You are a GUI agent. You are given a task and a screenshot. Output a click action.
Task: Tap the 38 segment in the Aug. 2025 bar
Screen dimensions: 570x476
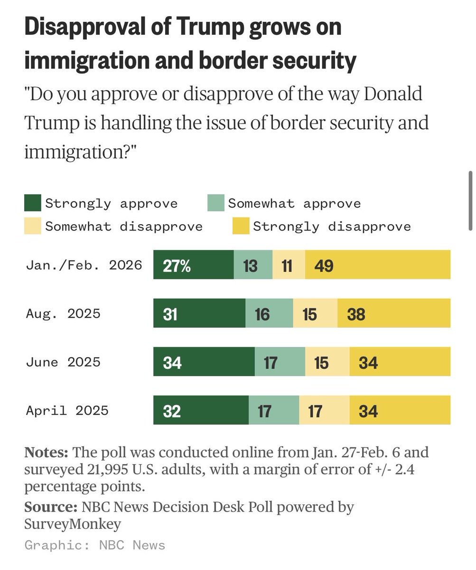point(394,313)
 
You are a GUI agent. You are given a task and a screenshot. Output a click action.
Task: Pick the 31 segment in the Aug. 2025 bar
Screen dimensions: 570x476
point(199,313)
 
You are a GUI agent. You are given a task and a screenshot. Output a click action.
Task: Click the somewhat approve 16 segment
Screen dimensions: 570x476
point(269,313)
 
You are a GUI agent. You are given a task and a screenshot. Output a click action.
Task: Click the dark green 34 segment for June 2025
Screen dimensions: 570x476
point(204,362)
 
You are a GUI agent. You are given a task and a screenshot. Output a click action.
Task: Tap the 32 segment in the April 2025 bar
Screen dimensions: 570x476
point(201,410)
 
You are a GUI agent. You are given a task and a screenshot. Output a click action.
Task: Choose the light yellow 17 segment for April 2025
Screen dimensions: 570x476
point(324,410)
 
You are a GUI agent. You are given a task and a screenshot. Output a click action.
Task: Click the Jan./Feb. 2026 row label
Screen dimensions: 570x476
point(84,265)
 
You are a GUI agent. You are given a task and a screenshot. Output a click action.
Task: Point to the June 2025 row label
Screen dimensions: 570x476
point(63,362)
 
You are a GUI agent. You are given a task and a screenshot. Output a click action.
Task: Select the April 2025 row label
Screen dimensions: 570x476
point(67,410)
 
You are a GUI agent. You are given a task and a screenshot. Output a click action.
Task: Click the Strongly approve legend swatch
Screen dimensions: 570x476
point(33,203)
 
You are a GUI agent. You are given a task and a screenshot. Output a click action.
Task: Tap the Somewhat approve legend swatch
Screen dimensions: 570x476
point(216,203)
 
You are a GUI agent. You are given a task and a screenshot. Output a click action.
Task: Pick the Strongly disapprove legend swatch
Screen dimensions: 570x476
point(241,226)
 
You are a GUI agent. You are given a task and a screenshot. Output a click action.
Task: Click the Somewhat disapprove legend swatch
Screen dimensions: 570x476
point(33,226)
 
